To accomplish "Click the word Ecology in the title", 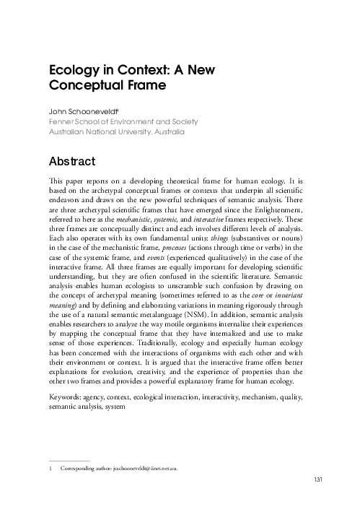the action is (x=71, y=73).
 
